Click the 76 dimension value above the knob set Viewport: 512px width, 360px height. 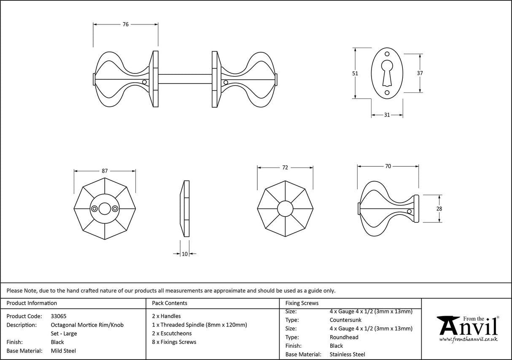click(125, 24)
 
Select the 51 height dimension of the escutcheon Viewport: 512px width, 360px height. click(355, 73)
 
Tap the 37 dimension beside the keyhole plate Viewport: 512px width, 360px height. click(420, 73)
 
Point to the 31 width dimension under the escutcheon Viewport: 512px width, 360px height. click(387, 115)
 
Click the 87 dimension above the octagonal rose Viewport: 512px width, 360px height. click(105, 171)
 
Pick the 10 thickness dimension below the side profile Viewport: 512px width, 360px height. click(185, 254)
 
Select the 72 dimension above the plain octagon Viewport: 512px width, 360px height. click(285, 168)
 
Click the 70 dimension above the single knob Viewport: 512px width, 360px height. click(388, 166)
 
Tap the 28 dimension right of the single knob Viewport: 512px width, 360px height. click(439, 208)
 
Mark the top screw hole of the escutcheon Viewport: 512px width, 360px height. click(387, 54)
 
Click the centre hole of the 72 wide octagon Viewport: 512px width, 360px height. click(285, 208)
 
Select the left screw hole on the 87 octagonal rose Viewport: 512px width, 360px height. click(94, 208)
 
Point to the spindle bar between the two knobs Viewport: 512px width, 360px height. click(185, 79)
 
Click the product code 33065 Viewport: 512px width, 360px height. click(58, 316)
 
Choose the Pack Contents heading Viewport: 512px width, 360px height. click(170, 303)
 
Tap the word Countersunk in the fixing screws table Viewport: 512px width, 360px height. click(345, 320)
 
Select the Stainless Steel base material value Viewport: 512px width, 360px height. click(348, 355)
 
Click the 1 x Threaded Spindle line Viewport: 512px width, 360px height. click(199, 325)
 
